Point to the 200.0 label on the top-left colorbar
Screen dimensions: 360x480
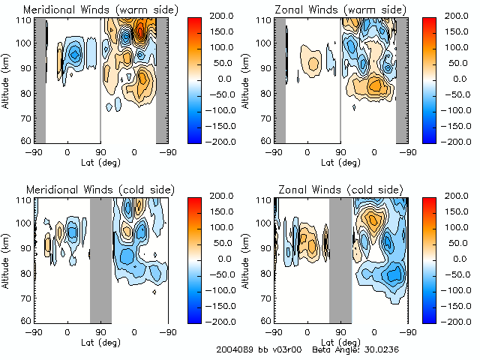point(226,15)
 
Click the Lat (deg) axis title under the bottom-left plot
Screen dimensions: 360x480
point(100,340)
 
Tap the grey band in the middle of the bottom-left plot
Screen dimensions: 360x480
point(100,259)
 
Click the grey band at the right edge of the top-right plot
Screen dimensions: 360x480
point(401,80)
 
